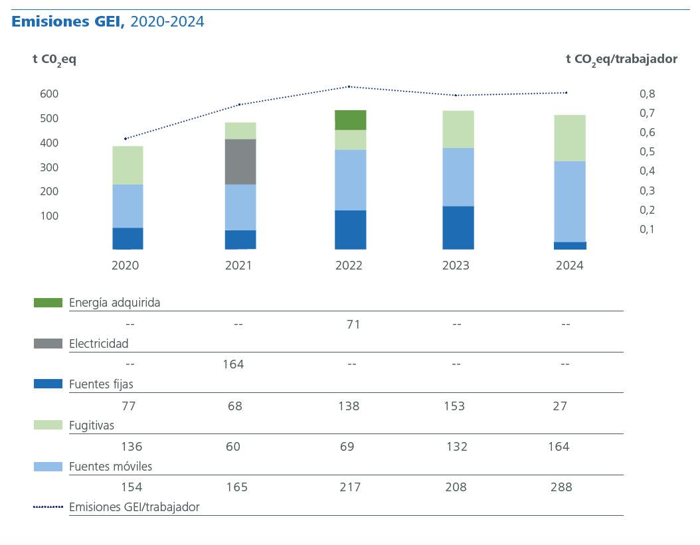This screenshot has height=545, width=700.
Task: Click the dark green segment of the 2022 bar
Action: (x=350, y=120)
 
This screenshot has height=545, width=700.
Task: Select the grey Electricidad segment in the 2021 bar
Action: (x=240, y=161)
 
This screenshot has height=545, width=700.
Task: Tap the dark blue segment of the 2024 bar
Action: (x=570, y=246)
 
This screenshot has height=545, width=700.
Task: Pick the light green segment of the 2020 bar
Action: (x=128, y=165)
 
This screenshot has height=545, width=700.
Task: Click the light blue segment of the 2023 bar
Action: (x=458, y=177)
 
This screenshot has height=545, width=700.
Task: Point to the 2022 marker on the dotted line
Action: (x=349, y=86)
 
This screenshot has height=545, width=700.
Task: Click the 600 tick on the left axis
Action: (x=49, y=94)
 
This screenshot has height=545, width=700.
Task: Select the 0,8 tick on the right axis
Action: (x=647, y=94)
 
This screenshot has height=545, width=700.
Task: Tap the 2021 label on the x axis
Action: (x=238, y=266)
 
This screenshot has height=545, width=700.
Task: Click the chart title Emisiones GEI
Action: (x=68, y=22)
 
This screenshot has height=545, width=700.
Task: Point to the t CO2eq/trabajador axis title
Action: (x=621, y=59)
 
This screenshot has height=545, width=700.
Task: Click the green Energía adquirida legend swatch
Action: (x=48, y=303)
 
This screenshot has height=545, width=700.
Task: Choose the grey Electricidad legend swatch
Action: (x=48, y=344)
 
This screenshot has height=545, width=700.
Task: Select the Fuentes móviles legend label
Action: (x=110, y=467)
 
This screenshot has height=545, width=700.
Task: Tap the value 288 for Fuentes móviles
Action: (x=561, y=487)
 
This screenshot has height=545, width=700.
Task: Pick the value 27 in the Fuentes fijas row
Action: (x=560, y=406)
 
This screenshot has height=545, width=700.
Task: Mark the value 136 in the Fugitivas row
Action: (x=131, y=447)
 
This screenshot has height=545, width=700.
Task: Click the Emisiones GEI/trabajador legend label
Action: (x=134, y=507)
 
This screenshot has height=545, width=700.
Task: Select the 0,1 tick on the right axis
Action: (x=647, y=230)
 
